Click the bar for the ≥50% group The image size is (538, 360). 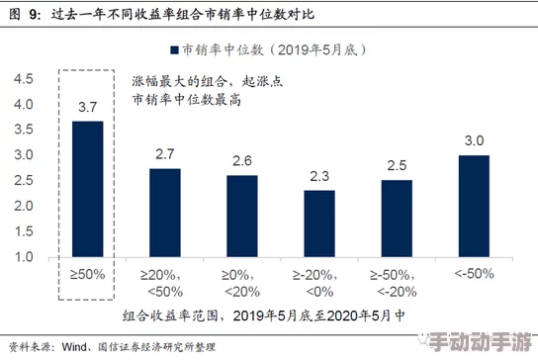[87, 189]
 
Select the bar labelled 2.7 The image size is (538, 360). [164, 213]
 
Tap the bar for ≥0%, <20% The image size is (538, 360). [241, 216]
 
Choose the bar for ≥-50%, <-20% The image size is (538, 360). [397, 219]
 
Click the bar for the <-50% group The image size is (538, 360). [474, 206]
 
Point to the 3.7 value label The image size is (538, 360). [87, 106]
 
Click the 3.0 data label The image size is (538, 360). [474, 140]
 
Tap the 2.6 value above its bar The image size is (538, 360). [241, 160]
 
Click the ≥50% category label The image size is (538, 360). [87, 274]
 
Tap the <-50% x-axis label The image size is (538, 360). [474, 274]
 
